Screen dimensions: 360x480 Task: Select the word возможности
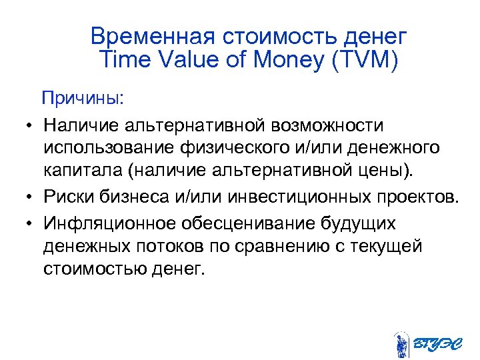(319, 125)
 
